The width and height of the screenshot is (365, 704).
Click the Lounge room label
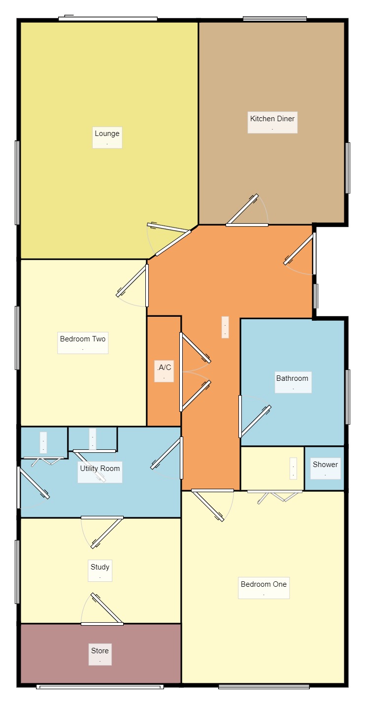(x=107, y=134)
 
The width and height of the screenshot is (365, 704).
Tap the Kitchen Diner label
(x=272, y=119)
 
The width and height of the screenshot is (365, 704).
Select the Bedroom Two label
(x=83, y=339)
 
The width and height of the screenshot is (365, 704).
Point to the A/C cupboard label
(x=164, y=367)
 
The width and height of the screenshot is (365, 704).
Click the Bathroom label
(x=292, y=378)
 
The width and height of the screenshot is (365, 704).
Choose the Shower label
(x=325, y=464)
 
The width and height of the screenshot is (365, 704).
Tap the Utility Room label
(x=100, y=469)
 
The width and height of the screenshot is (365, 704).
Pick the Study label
(x=100, y=567)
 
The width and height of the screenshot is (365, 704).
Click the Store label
(x=100, y=650)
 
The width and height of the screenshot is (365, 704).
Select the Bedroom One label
(x=264, y=584)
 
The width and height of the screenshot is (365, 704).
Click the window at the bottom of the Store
(x=100, y=687)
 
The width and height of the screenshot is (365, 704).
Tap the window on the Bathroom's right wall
(x=348, y=397)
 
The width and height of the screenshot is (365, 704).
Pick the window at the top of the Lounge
(x=108, y=19)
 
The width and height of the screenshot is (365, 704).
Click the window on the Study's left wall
(x=17, y=571)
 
